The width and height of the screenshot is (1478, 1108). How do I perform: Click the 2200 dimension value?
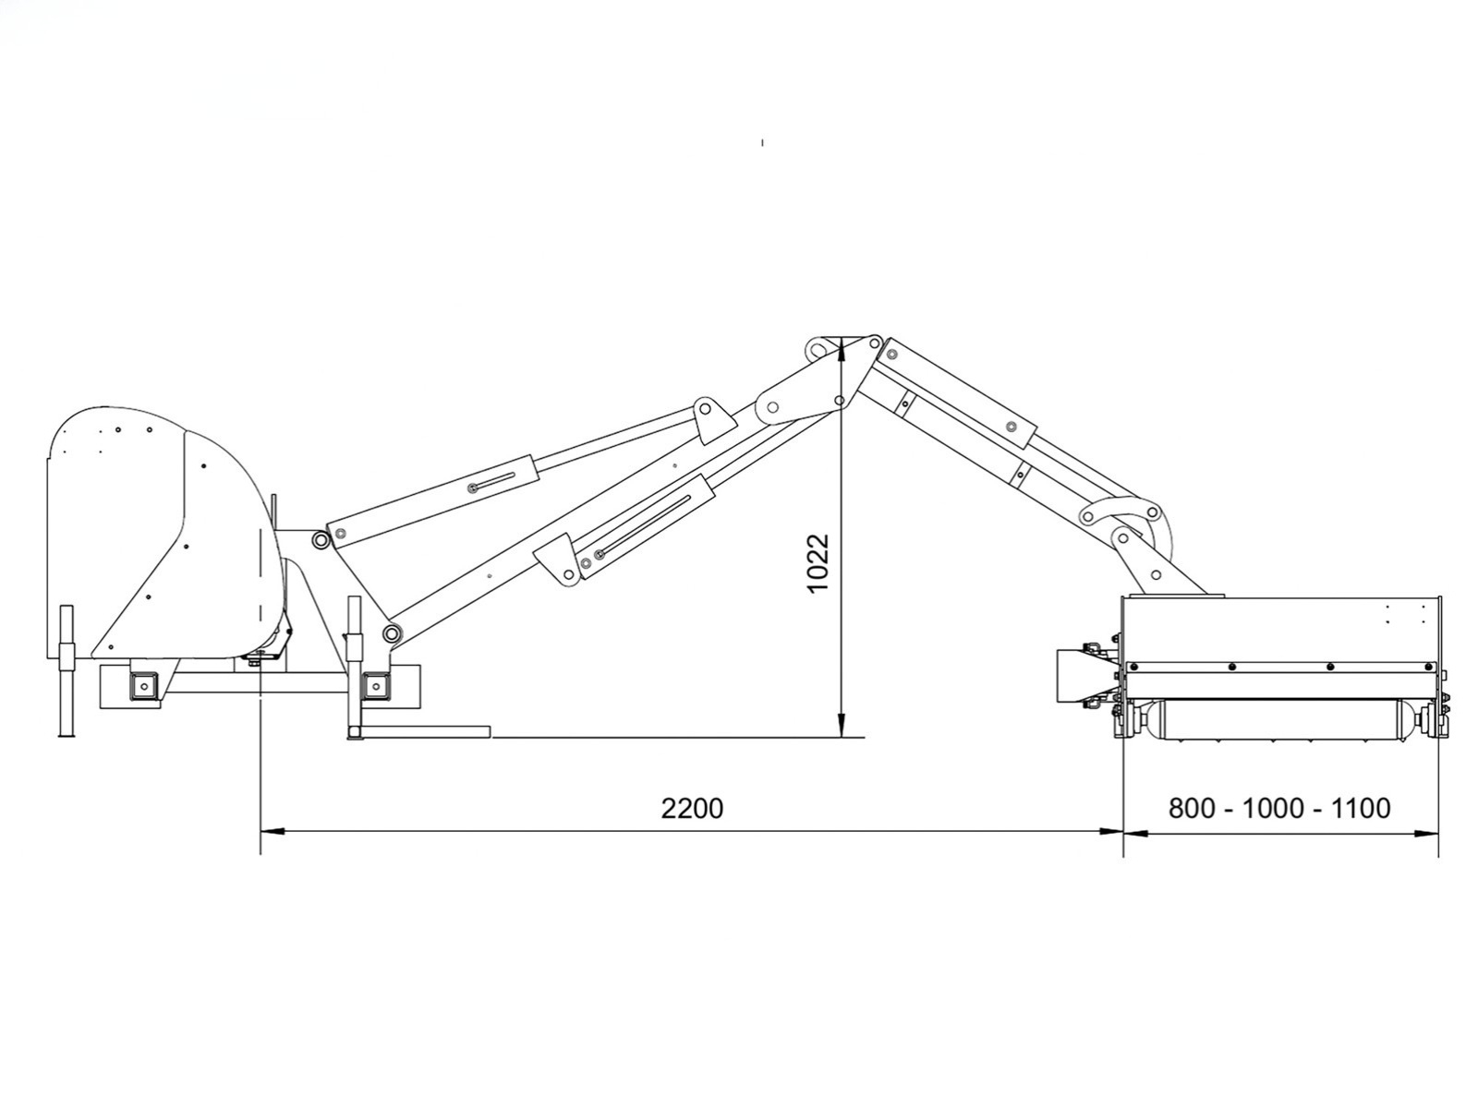click(x=692, y=808)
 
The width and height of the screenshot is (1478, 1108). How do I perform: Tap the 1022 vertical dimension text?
click(x=818, y=564)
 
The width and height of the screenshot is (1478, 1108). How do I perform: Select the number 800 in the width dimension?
click(x=1192, y=807)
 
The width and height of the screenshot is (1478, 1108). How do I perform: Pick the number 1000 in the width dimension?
click(x=1273, y=807)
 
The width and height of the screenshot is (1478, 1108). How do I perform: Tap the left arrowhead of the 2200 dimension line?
click(x=272, y=832)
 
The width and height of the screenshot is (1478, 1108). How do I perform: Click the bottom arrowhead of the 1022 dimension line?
click(x=842, y=726)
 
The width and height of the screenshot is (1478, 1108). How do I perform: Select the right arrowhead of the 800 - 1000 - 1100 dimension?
click(x=1426, y=834)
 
